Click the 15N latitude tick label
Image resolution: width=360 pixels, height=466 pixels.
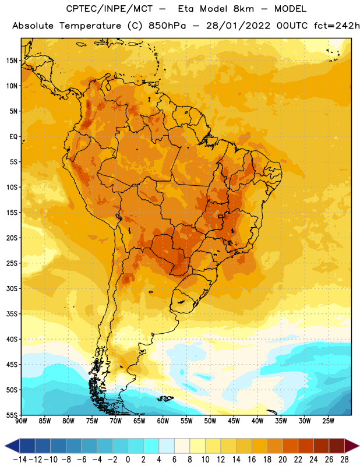tap(12, 61)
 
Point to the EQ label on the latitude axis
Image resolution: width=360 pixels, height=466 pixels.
tap(13, 137)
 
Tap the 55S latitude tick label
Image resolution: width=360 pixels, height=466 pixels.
tap(12, 415)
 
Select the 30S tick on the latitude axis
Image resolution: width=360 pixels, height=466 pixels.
tap(12, 288)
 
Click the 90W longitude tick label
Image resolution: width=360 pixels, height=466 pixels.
tap(21, 421)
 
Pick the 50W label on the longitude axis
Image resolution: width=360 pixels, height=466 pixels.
tap(210, 421)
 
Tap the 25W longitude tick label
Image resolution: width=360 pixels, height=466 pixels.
tap(328, 421)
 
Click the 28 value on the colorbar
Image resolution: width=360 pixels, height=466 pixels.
tap(344, 460)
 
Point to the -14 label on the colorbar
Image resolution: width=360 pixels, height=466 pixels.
tap(20, 460)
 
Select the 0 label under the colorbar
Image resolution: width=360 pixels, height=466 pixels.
tap(128, 460)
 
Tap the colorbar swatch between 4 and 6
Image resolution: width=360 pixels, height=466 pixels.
tap(167, 446)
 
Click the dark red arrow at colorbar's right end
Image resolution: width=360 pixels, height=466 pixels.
tap(352, 446)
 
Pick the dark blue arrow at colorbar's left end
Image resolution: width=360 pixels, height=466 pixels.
tap(12, 446)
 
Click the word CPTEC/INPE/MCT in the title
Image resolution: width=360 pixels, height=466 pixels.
tap(110, 9)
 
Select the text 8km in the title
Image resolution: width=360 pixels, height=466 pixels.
tap(243, 9)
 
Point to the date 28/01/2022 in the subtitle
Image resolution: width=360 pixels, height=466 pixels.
tap(238, 26)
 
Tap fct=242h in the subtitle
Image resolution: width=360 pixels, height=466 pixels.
tap(337, 26)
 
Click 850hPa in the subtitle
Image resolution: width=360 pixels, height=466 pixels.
tap(167, 26)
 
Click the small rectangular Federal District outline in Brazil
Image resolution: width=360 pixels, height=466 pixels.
tap(221, 216)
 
